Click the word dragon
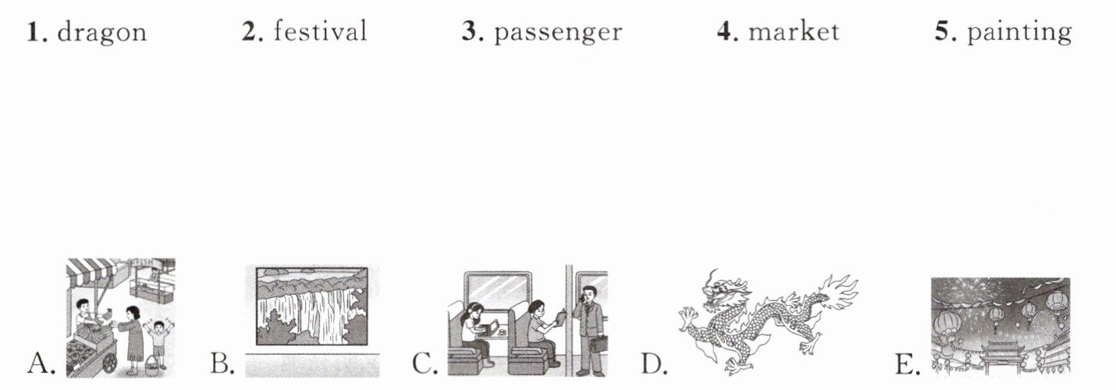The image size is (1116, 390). (102, 33)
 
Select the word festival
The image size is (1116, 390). (320, 31)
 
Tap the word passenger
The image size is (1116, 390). (558, 34)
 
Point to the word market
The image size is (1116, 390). (794, 31)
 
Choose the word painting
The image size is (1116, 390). (1019, 33)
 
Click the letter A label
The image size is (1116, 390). (41, 363)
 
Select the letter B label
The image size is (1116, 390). (222, 363)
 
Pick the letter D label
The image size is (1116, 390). (654, 363)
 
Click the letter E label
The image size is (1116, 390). (908, 363)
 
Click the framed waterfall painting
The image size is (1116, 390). (312, 307)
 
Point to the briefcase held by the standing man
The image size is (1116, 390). (599, 344)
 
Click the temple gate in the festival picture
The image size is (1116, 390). (1002, 359)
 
